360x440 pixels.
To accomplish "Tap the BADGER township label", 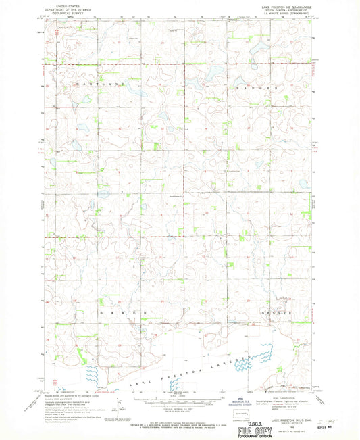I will click(263, 89).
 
